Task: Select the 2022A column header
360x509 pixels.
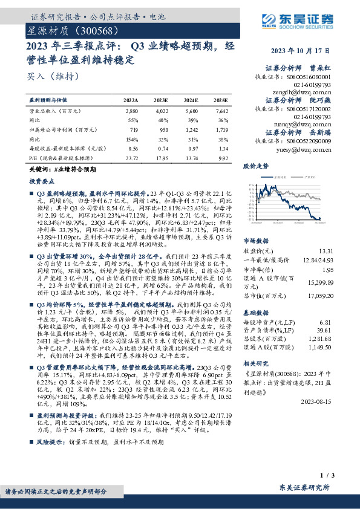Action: click(131, 100)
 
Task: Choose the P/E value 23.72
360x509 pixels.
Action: click(131, 158)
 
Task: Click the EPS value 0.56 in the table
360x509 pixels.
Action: click(134, 149)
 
